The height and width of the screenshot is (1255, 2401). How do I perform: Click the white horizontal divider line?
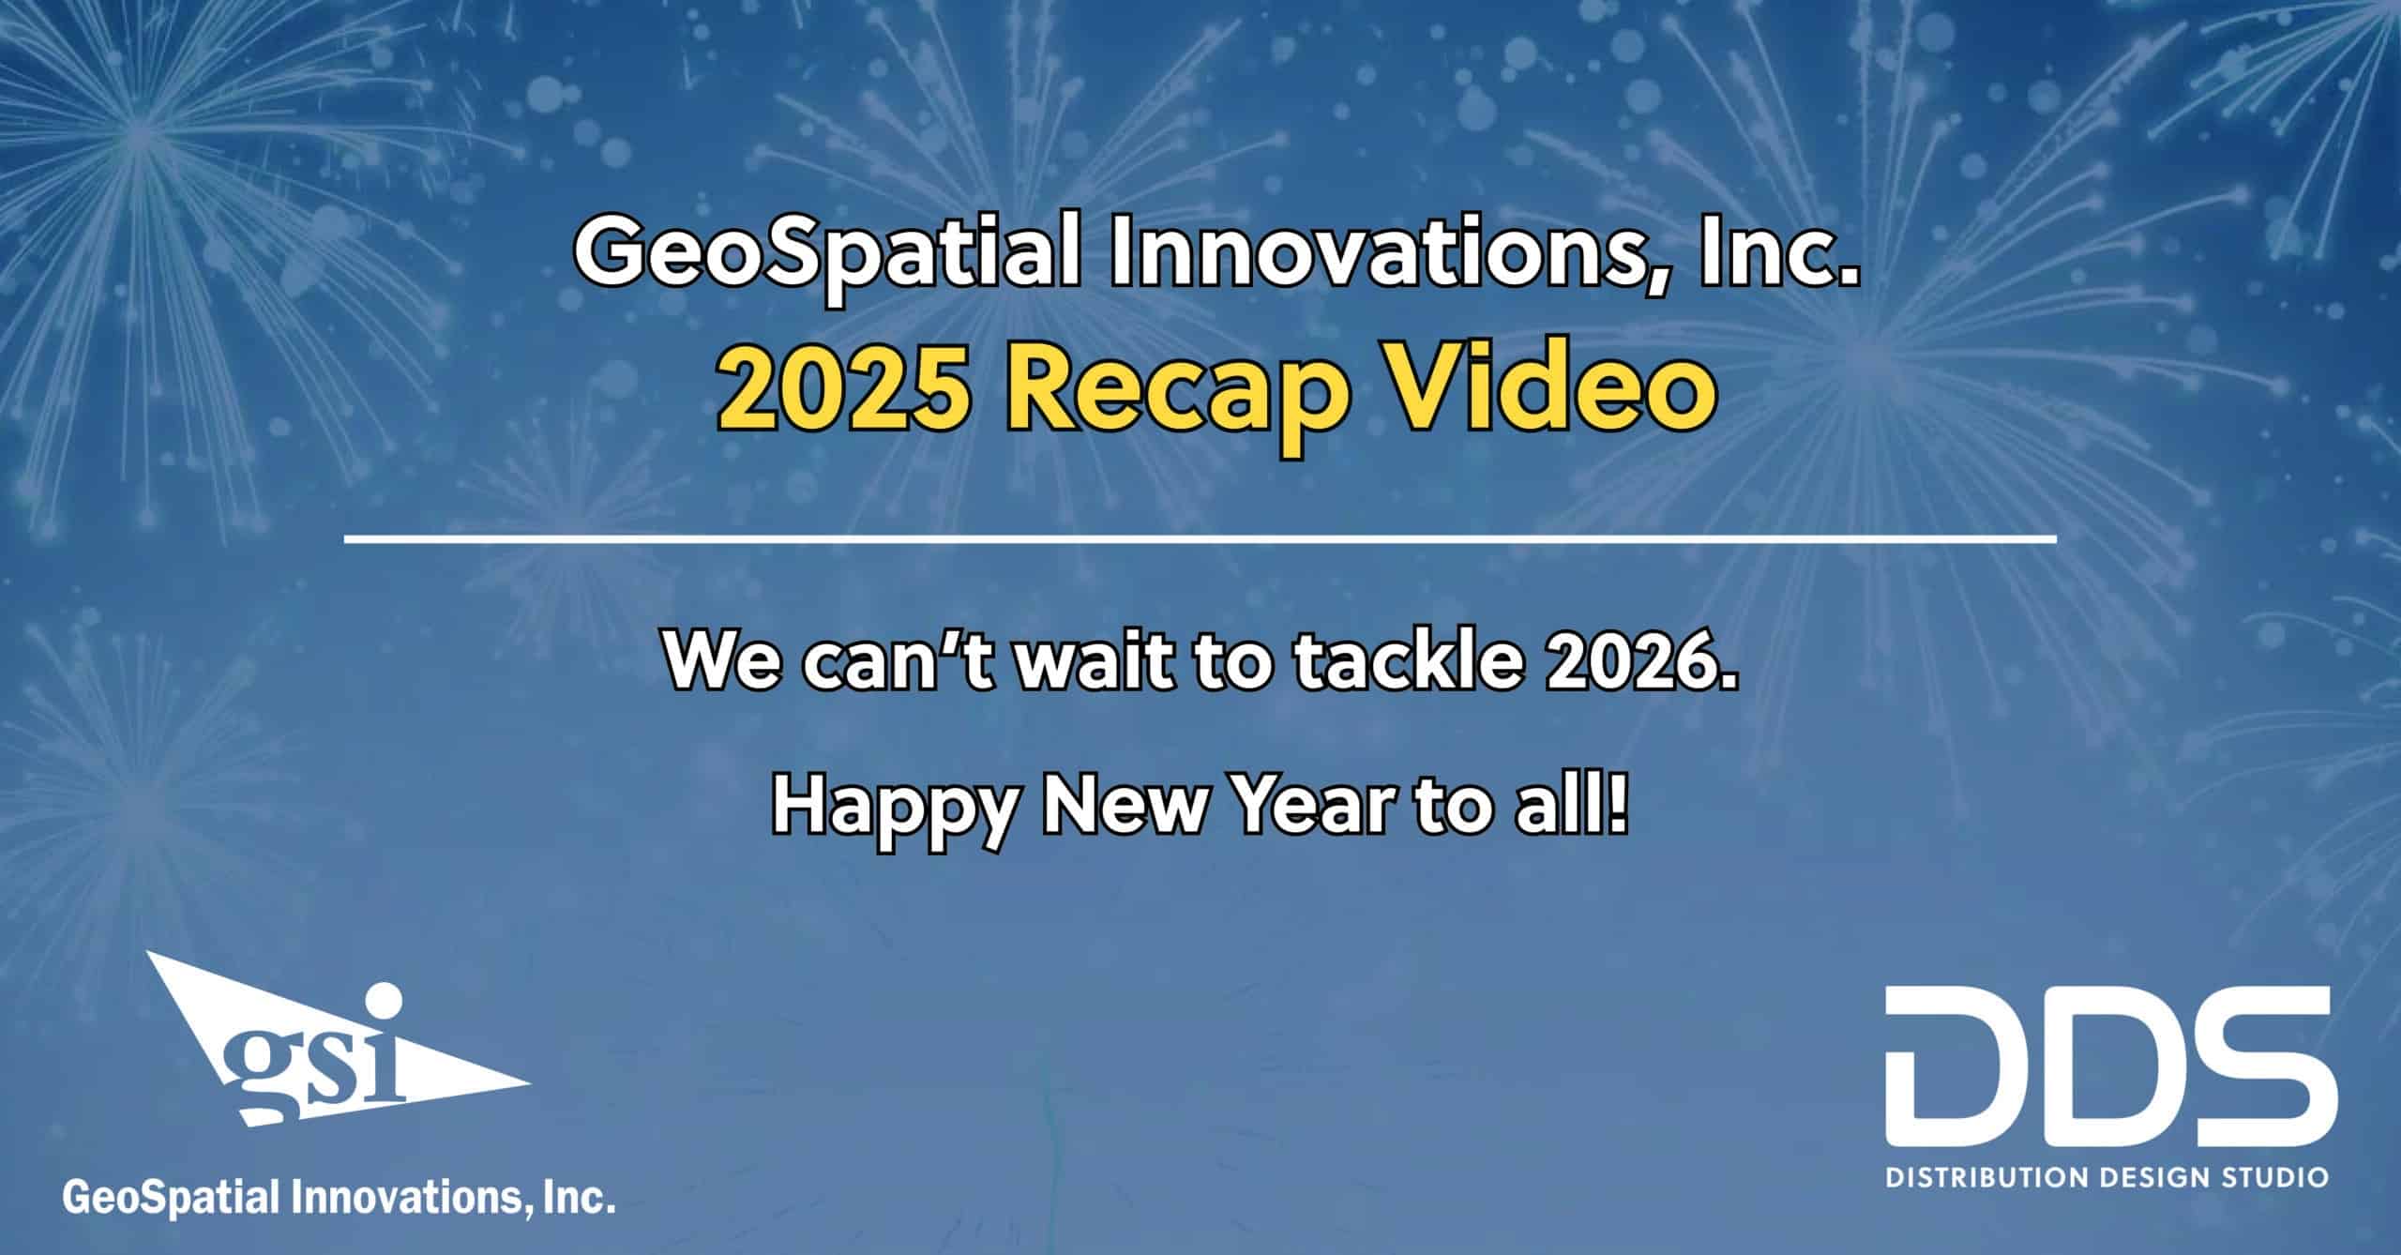point(1200,540)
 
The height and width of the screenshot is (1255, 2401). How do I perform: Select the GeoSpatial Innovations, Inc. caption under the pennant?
point(339,1197)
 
